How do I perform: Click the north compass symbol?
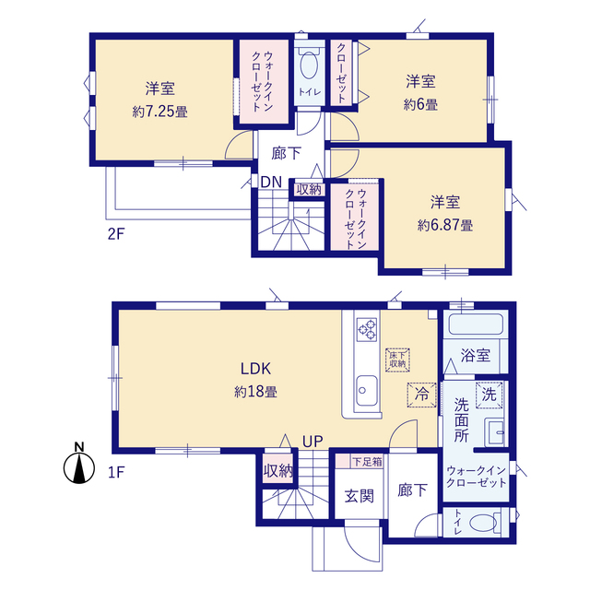click(79, 467)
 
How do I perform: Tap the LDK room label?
click(256, 369)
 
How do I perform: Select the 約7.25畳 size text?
click(159, 112)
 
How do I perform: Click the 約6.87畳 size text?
click(445, 225)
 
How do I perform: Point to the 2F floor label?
click(116, 234)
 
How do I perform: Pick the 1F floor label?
click(116, 472)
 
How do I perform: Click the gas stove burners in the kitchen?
click(367, 330)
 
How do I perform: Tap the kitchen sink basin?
click(366, 390)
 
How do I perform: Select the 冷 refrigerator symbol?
click(422, 395)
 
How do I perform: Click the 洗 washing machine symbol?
click(490, 395)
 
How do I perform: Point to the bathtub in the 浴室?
click(476, 324)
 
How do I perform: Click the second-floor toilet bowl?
click(309, 65)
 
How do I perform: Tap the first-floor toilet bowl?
click(483, 523)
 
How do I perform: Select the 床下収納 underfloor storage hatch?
click(397, 360)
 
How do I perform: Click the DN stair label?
click(271, 183)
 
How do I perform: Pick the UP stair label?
click(313, 442)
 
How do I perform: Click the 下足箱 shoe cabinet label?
click(367, 462)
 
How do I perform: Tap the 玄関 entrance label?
click(360, 496)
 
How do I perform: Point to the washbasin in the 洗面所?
click(494, 432)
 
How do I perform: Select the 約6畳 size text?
click(420, 104)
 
